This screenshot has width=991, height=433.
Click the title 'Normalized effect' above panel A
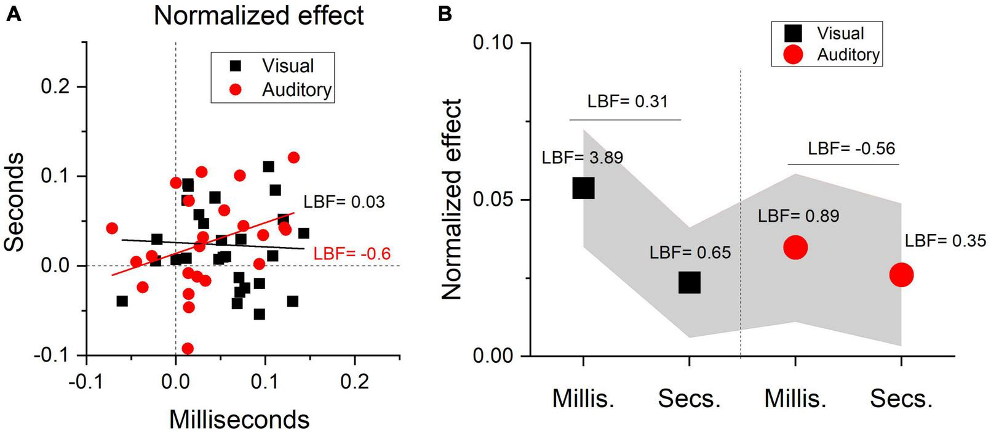click(258, 15)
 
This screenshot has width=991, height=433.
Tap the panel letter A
click(13, 14)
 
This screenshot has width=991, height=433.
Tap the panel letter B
click(445, 14)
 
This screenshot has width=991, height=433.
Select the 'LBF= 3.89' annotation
click(582, 158)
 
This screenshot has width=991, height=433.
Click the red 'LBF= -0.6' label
click(352, 254)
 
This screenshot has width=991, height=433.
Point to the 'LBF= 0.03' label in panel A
click(344, 201)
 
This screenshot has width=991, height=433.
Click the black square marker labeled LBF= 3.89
click(583, 188)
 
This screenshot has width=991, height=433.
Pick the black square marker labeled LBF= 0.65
click(690, 283)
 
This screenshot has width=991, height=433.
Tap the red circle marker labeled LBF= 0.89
click(795, 248)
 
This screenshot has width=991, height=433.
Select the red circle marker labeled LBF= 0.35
click(901, 275)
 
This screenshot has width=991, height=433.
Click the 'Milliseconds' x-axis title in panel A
click(239, 419)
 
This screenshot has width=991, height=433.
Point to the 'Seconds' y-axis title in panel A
click(15, 202)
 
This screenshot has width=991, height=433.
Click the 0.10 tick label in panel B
click(493, 43)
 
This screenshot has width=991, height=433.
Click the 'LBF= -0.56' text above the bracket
click(851, 148)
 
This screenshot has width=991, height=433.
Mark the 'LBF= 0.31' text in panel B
click(627, 101)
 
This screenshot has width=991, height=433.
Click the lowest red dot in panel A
click(188, 349)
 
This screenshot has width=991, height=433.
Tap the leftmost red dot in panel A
click(111, 229)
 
